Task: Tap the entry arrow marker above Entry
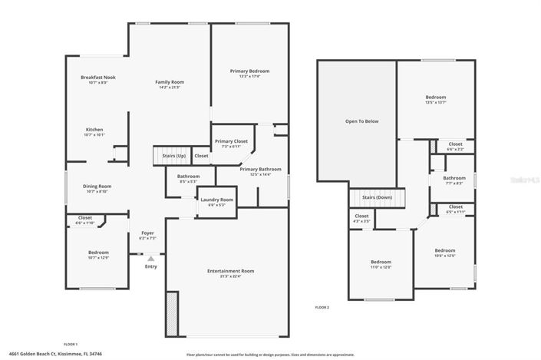coord(150,259)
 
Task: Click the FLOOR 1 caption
coord(70,344)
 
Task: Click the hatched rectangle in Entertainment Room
coord(172,314)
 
